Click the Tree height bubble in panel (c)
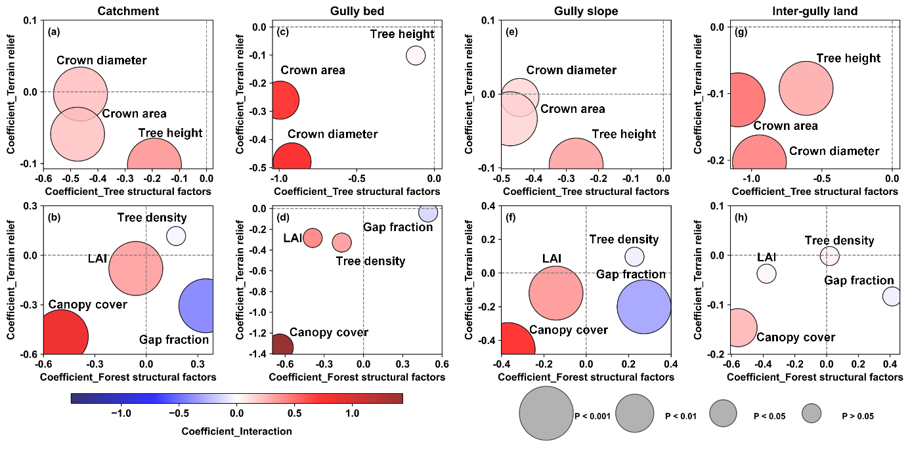pyautogui.click(x=416, y=56)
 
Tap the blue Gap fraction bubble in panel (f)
pyautogui.click(x=643, y=307)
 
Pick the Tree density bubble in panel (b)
pyautogui.click(x=176, y=236)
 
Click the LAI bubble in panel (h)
pyautogui.click(x=766, y=273)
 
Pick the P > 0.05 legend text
pyautogui.click(x=857, y=416)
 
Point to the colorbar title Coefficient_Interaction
pyautogui.click(x=236, y=431)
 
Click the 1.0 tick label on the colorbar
pyautogui.click(x=352, y=414)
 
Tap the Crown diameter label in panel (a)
pyautogui.click(x=102, y=61)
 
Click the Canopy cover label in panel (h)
pyautogui.click(x=796, y=337)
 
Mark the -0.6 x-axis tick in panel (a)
pyautogui.click(x=43, y=178)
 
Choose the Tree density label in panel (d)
pyautogui.click(x=370, y=261)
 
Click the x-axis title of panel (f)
pyautogui.click(x=586, y=377)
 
